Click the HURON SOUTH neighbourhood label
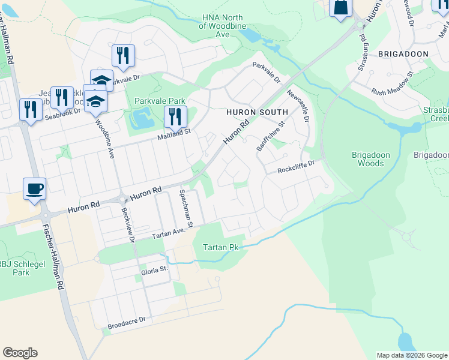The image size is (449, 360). (257, 112)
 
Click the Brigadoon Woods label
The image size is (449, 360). (370, 159)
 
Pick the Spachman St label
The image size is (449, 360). (184, 209)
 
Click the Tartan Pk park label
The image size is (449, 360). (221, 247)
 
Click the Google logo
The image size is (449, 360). (20, 353)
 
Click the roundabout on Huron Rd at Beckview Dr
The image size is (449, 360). (122, 200)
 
